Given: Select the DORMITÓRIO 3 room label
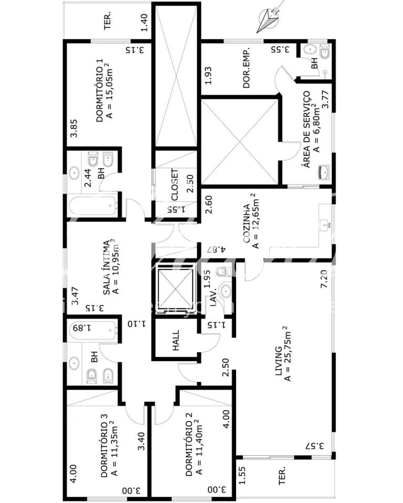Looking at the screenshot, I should coord(104,445).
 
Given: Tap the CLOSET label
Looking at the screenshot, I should coord(175,184).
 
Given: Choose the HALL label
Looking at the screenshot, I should coord(175,341).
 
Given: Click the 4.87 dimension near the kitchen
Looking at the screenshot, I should coord(216,249).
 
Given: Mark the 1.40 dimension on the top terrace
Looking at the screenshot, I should coord(144,23).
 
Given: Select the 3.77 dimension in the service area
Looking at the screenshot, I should coord(325,100).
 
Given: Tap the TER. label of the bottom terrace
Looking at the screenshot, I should coord(282,475).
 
